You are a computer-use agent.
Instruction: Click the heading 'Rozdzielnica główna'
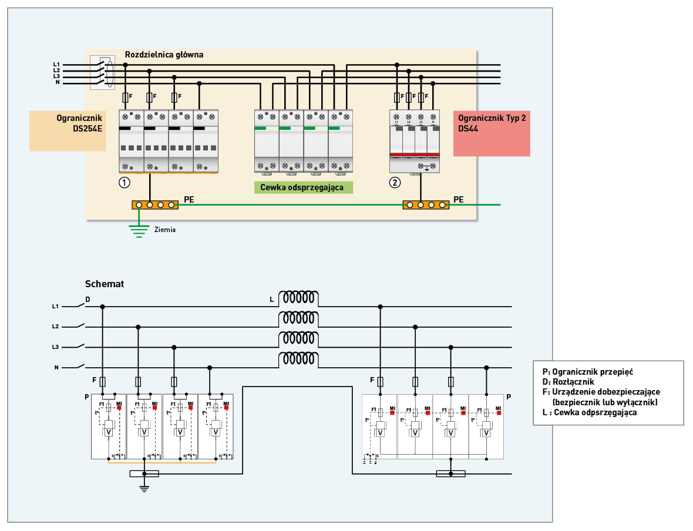click(x=164, y=55)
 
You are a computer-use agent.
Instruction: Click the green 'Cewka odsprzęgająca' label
click(x=303, y=187)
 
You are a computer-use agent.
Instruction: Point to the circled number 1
click(x=124, y=182)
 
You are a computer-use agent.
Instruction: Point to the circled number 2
click(x=395, y=182)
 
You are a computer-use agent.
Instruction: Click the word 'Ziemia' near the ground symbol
click(x=165, y=230)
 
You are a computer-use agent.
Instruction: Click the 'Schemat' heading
click(x=105, y=284)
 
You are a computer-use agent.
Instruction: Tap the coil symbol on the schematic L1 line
click(x=298, y=298)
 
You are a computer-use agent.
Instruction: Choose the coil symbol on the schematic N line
click(x=298, y=359)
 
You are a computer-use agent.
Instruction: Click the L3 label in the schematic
click(x=55, y=347)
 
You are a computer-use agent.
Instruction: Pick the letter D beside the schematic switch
click(x=88, y=300)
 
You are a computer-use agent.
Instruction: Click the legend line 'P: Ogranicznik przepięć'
click(x=588, y=372)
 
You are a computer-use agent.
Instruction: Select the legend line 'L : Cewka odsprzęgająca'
click(x=590, y=413)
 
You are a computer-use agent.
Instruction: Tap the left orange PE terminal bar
click(x=155, y=205)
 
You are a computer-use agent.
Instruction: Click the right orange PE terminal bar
click(x=426, y=205)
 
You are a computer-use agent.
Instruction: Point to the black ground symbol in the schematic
click(x=144, y=487)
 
